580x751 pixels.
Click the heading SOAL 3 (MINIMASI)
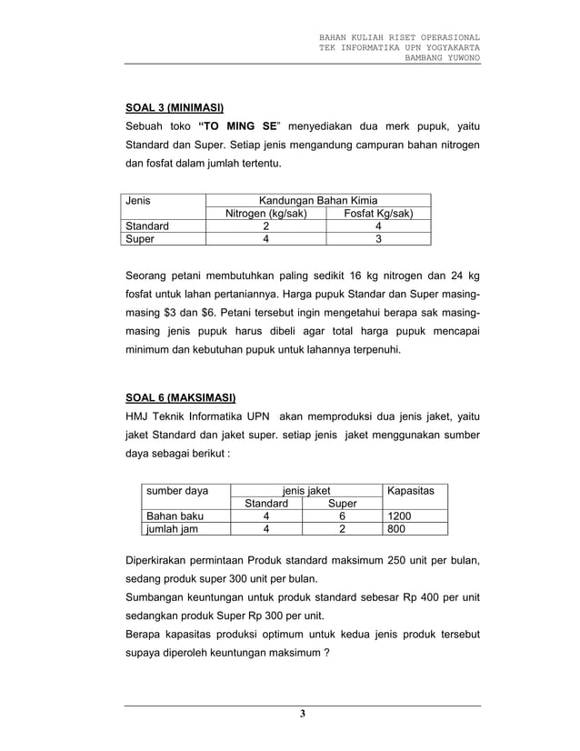pyautogui.click(x=175, y=106)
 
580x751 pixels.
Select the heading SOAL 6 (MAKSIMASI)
pyautogui.click(x=180, y=397)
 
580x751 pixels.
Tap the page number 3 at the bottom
pyautogui.click(x=303, y=714)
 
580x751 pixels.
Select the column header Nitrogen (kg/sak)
pyautogui.click(x=265, y=214)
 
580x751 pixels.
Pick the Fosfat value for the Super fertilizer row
pyautogui.click(x=378, y=240)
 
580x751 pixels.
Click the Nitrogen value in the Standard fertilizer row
pyautogui.click(x=265, y=227)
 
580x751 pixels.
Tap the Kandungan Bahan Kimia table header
pyautogui.click(x=317, y=201)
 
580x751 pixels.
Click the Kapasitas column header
pyautogui.click(x=410, y=491)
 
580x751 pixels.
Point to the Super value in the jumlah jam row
pyautogui.click(x=342, y=531)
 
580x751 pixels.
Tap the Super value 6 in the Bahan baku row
pyautogui.click(x=342, y=517)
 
